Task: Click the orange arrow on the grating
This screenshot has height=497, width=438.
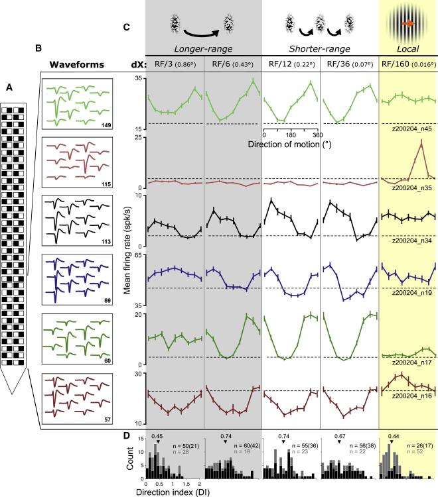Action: coord(409,24)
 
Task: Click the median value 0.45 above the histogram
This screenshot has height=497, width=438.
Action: coord(157,436)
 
